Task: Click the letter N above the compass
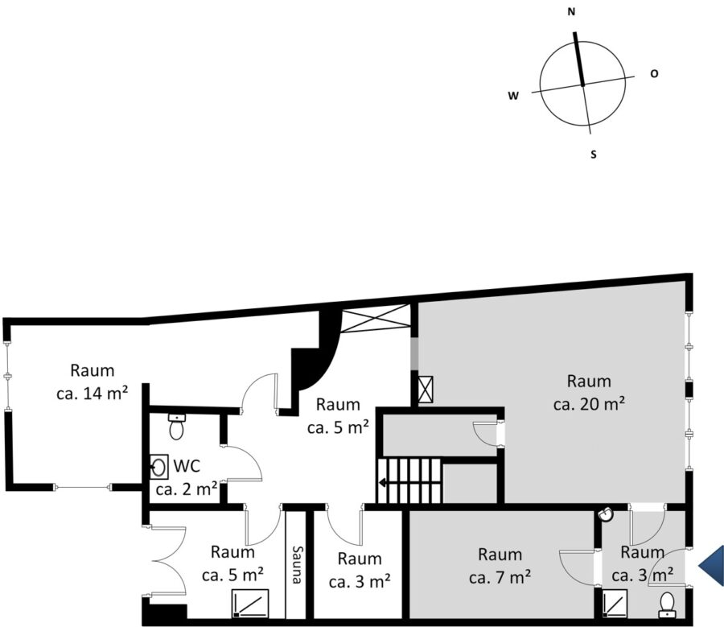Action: tap(571, 12)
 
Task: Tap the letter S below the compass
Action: tap(594, 155)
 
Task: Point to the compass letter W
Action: tap(513, 96)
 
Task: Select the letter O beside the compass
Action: tap(654, 73)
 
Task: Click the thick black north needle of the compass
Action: tap(578, 59)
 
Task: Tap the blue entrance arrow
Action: tap(711, 567)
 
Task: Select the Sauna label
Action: tap(296, 565)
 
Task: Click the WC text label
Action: tap(187, 466)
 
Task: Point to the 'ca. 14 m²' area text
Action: tap(93, 394)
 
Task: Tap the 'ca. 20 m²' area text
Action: tap(589, 404)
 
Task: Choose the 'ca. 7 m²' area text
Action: tap(500, 578)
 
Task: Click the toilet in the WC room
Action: tap(176, 427)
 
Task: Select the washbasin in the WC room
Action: tap(158, 467)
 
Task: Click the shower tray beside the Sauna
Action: tap(250, 603)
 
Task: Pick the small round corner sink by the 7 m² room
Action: tap(607, 514)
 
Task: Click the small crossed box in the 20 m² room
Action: tap(426, 390)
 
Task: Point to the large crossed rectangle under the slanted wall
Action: tap(376, 319)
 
